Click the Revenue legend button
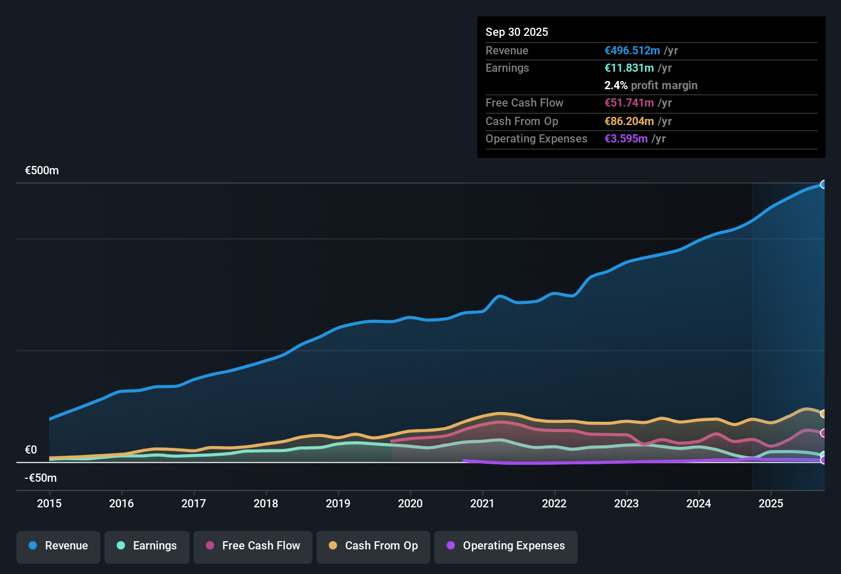coord(58,546)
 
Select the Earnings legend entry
coord(147,546)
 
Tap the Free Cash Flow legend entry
coord(253,546)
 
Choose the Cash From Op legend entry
coord(373,546)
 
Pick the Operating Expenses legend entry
coord(506,546)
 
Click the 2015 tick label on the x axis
coord(49,504)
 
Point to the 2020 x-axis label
coord(410,504)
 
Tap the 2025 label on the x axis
coord(771,504)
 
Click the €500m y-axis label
coord(42,171)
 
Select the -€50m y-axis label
coord(41,478)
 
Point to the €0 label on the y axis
coord(31,450)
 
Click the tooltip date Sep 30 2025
coord(517,32)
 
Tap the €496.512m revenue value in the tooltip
coord(632,51)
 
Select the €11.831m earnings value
coord(629,68)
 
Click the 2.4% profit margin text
coord(651,86)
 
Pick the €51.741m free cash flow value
coord(629,103)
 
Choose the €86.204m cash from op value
coord(629,121)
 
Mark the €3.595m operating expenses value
coord(626,139)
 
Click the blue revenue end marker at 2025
coord(824,184)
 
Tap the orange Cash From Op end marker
coord(824,414)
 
